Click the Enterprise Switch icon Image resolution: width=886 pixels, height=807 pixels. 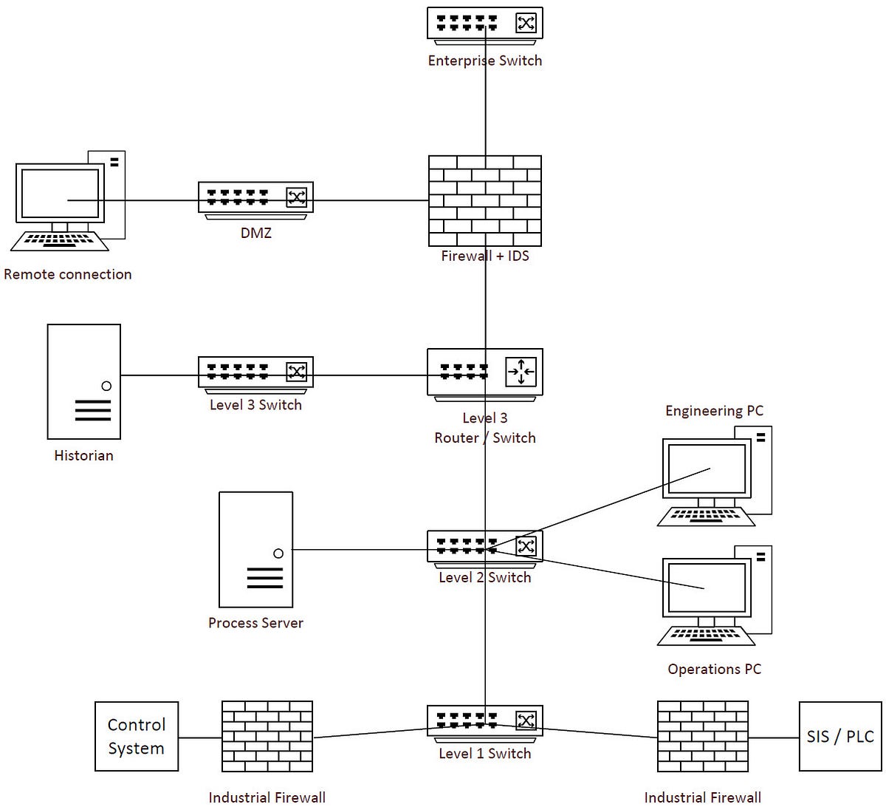pos(485,24)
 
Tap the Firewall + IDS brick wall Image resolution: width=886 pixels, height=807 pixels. pos(485,200)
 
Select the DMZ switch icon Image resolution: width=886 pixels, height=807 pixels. pos(255,198)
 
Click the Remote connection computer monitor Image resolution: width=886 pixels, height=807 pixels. pos(60,194)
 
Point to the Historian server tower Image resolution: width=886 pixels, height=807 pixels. pos(83,381)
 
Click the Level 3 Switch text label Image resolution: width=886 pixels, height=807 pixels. pos(255,405)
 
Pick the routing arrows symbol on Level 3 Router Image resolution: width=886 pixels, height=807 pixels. pos(521,372)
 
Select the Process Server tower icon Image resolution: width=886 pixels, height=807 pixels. pos(255,549)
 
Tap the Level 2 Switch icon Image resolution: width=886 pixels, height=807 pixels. pos(485,547)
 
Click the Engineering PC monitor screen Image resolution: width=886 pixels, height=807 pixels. pos(707,469)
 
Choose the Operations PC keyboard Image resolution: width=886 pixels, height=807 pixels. pos(706,636)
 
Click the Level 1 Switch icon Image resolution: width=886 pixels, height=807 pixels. pos(485,721)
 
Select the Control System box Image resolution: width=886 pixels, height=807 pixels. pos(137,736)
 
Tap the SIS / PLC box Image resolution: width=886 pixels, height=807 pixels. pos(840,736)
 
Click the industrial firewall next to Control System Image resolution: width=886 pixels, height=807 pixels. pos(267,737)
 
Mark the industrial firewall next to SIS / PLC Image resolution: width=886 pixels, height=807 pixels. pos(702,737)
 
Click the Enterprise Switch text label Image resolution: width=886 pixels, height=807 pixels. pos(485,61)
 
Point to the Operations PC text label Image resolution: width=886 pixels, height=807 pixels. pos(714,669)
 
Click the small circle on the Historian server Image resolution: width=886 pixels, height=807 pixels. pos(106,386)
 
